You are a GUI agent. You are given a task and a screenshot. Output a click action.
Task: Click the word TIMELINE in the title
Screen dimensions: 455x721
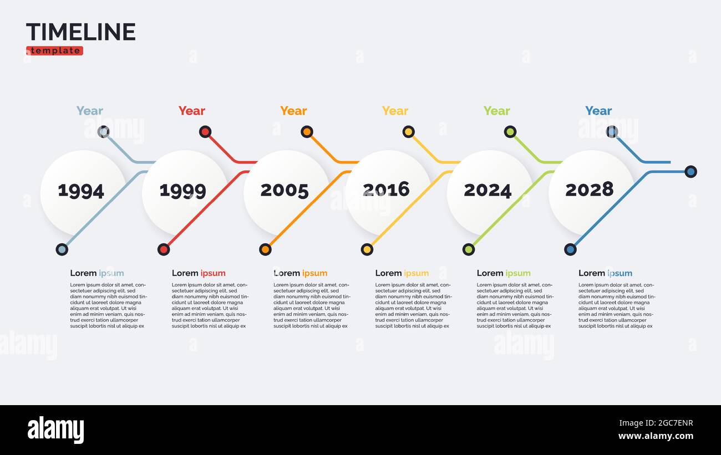[81, 32]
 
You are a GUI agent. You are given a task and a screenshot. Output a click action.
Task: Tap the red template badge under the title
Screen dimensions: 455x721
[54, 51]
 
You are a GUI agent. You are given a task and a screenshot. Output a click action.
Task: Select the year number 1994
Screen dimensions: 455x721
[81, 191]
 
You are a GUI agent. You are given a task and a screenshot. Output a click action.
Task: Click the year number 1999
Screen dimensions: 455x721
[182, 191]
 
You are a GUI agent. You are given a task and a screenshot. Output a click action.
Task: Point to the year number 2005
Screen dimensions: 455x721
[285, 191]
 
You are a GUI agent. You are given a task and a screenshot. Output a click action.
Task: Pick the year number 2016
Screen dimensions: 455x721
[386, 190]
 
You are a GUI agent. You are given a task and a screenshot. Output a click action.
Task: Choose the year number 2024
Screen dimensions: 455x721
[488, 191]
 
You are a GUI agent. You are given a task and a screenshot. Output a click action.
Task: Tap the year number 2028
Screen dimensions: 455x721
[589, 190]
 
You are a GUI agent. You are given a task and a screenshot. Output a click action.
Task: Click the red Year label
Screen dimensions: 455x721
[192, 111]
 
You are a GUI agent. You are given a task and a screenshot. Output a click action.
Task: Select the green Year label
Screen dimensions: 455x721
[496, 111]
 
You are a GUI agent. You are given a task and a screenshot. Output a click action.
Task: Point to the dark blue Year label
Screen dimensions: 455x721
[598, 111]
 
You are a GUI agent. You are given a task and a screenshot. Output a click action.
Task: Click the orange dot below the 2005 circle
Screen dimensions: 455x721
[265, 249]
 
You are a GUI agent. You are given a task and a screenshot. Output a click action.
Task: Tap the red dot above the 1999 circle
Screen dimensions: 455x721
[205, 132]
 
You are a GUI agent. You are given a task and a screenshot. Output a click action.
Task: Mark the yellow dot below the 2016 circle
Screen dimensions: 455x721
[367, 249]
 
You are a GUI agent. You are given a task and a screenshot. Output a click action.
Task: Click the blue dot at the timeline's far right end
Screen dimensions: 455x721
[690, 172]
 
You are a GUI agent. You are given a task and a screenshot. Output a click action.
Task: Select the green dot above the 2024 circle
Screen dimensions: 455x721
[510, 132]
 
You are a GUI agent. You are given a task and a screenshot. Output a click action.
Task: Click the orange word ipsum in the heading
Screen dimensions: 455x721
[314, 273]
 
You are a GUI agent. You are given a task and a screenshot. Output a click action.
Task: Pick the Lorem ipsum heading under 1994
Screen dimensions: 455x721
[97, 273]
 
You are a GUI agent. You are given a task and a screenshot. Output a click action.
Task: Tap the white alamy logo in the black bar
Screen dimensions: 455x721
[55, 430]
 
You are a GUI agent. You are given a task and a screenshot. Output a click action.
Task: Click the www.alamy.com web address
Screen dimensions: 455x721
[656, 437]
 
